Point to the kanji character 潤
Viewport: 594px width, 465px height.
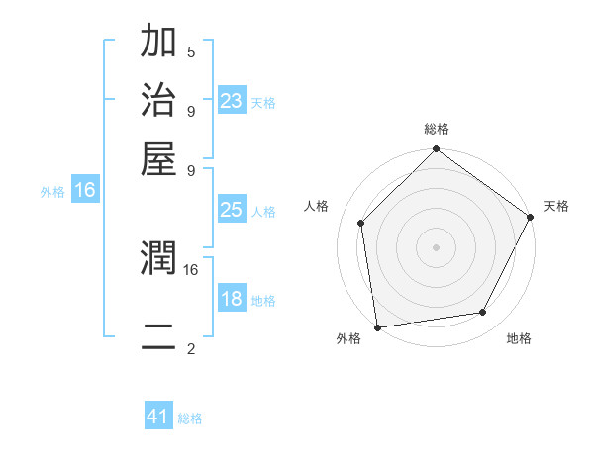(x=158, y=259)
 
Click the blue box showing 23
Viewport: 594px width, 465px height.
(x=232, y=100)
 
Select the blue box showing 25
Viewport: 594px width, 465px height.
(x=232, y=210)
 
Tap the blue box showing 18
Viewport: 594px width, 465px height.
(x=232, y=299)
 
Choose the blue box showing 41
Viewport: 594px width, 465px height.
(x=158, y=417)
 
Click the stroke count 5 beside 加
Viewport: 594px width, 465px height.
(x=190, y=51)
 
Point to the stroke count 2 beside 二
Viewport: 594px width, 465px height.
(x=190, y=348)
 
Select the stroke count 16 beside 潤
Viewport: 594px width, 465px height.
(x=191, y=268)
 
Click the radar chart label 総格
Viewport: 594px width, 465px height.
(x=436, y=129)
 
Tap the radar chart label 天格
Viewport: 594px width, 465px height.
(x=556, y=206)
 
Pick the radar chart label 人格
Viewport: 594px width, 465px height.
(x=317, y=206)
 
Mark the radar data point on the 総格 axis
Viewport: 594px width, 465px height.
(x=436, y=150)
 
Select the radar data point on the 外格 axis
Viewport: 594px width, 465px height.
(x=377, y=326)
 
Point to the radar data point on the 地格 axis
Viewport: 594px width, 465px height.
(x=483, y=312)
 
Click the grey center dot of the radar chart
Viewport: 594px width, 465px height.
(x=436, y=246)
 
